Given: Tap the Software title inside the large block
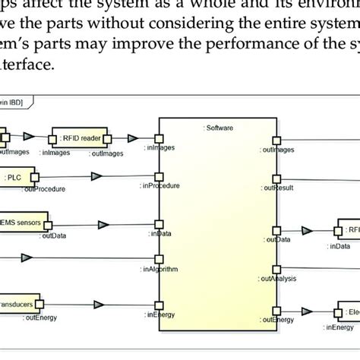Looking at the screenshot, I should point(217,126).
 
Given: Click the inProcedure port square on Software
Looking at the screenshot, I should point(159,180).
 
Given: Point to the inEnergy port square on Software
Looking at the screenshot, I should point(159,310).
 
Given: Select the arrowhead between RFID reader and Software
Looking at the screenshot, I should point(134,138).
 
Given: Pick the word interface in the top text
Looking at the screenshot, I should point(27,66).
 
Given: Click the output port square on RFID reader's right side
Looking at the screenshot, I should point(108,139).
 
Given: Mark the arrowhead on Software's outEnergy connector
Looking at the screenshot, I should point(308,310).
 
